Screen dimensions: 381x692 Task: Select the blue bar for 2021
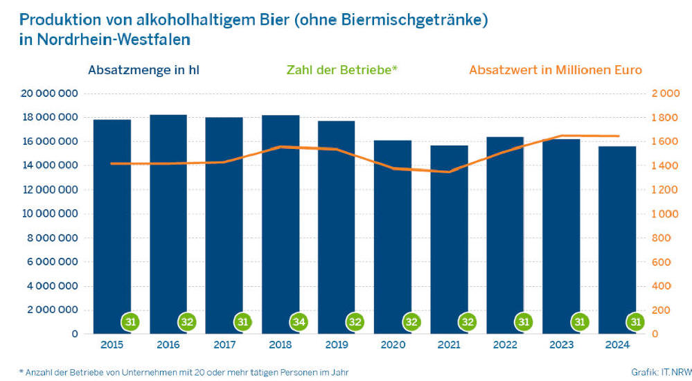(x=449, y=236)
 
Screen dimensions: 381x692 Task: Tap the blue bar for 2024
(x=617, y=236)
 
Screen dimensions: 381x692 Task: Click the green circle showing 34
(x=299, y=322)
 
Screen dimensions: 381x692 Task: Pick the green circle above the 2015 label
(x=130, y=322)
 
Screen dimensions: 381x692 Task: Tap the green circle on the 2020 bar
(x=411, y=322)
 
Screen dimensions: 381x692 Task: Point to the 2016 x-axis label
(x=168, y=345)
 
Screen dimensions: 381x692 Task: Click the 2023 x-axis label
(x=561, y=345)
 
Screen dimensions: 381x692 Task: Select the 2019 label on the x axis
(x=337, y=345)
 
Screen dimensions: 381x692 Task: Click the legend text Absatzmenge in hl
(x=144, y=70)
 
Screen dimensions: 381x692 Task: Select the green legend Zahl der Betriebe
(x=342, y=70)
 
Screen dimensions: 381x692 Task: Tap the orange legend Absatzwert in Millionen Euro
(x=556, y=70)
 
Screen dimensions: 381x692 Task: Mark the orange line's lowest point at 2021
(x=449, y=172)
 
